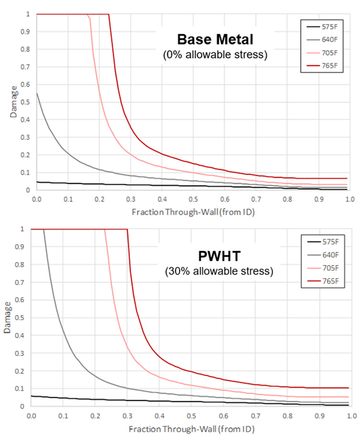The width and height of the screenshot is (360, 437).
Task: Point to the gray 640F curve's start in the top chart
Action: tap(37, 93)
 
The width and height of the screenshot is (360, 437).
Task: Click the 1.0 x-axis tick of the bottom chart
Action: tap(351, 414)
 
